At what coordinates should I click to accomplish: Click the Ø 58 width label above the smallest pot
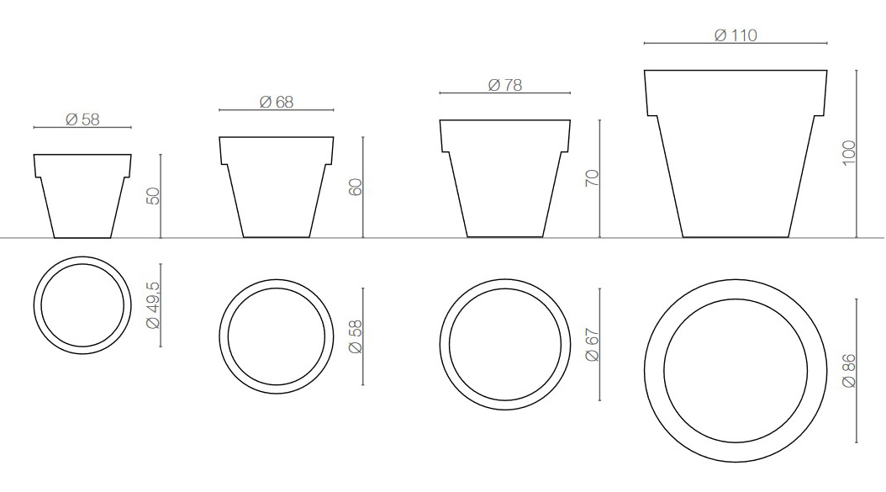(82, 119)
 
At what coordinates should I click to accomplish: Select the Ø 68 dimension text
(277, 102)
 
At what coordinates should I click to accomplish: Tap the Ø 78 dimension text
(504, 85)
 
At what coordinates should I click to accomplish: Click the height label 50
(153, 196)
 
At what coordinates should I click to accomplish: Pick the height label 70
(592, 178)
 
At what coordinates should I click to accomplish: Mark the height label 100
(848, 153)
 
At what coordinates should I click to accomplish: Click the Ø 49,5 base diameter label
(153, 305)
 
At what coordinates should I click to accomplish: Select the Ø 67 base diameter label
(592, 345)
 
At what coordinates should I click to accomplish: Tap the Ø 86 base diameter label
(848, 369)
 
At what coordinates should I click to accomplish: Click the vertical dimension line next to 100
(857, 153)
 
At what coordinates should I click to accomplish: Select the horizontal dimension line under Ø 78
(504, 93)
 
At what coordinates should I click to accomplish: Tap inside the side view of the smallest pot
(82, 193)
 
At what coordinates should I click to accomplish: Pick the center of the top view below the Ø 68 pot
(277, 336)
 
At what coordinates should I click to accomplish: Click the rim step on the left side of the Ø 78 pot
(444, 151)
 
